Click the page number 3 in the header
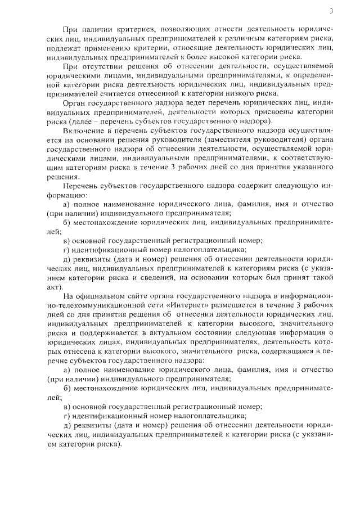331,11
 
